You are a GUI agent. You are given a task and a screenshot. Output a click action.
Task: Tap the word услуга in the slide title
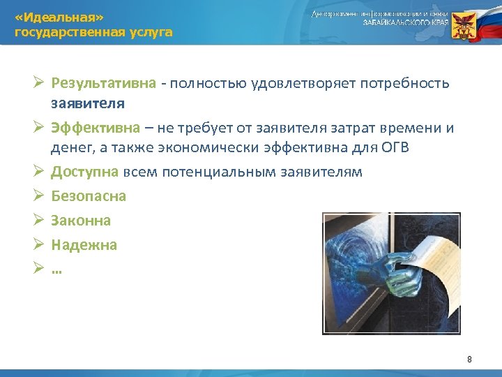[146, 32]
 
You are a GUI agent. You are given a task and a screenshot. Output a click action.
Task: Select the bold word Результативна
[103, 84]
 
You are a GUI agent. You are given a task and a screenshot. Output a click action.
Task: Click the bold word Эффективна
[93, 128]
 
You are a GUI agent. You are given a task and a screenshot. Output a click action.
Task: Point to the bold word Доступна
[86, 172]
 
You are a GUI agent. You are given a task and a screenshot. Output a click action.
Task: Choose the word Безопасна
[89, 196]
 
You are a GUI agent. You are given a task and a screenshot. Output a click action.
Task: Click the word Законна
[81, 221]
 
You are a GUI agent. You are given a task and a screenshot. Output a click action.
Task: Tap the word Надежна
[84, 245]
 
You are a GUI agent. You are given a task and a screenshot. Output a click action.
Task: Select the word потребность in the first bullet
[408, 84]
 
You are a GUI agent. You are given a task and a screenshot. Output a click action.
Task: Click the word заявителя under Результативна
[88, 103]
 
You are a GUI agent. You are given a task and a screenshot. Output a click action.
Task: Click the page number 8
[469, 359]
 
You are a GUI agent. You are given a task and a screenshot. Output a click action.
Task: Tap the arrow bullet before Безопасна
[39, 196]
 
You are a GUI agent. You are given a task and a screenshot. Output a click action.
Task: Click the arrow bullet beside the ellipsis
[39, 269]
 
